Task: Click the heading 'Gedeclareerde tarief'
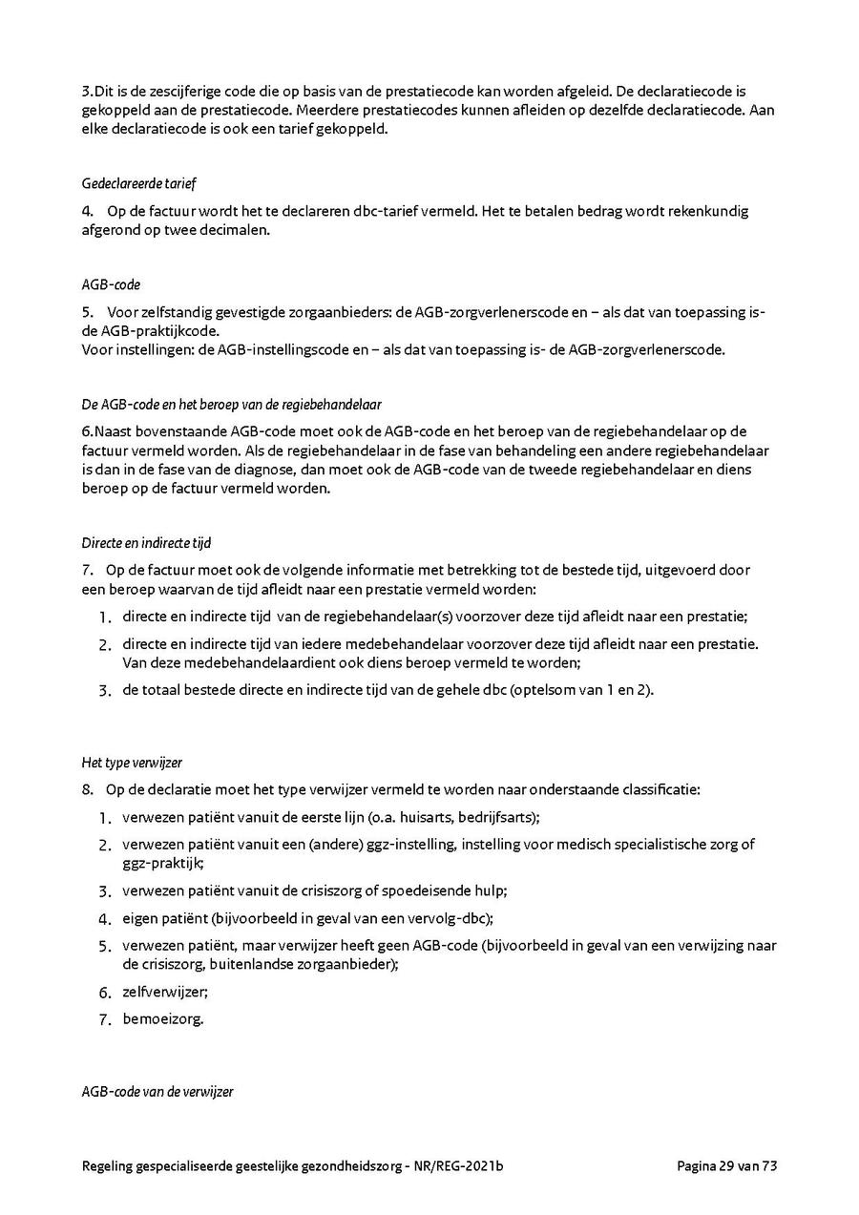[x=139, y=182]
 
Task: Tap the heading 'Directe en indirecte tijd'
[x=146, y=543]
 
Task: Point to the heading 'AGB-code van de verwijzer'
[x=157, y=1091]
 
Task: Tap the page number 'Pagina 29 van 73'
[x=728, y=1165]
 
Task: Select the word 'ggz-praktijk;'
[x=157, y=862]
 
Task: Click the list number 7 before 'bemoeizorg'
[x=106, y=1019]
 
